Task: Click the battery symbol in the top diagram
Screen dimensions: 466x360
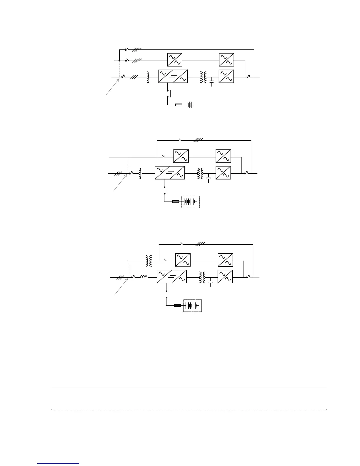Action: [x=191, y=105]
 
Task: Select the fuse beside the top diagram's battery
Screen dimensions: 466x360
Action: [x=179, y=105]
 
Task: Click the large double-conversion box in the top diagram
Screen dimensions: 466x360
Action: [x=173, y=76]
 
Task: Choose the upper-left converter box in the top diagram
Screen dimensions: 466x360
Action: [x=174, y=60]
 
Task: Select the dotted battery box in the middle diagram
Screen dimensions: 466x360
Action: [x=191, y=202]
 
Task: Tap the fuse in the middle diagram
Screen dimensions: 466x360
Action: [x=175, y=202]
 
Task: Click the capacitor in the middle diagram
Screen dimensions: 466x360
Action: [x=209, y=178]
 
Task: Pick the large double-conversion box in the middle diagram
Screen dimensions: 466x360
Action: [x=170, y=173]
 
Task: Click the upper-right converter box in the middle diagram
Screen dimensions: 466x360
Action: [x=223, y=156]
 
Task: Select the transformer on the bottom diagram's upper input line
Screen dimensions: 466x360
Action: [x=149, y=261]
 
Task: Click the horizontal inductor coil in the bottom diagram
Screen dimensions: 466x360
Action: [x=144, y=277]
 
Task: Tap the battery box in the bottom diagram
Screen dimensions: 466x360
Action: [x=193, y=306]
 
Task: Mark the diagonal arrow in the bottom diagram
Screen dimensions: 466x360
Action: [x=121, y=287]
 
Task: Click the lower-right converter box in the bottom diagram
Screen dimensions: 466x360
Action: [x=225, y=277]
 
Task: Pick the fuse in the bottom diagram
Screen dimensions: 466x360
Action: [x=178, y=306]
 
